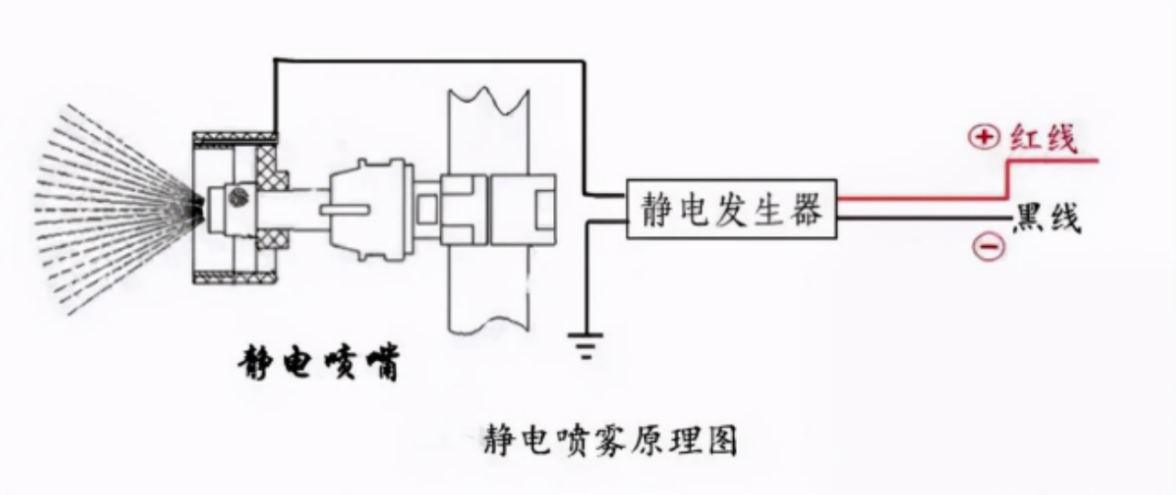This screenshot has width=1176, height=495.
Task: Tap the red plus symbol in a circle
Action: point(983,138)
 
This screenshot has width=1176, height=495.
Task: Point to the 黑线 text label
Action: point(1046,220)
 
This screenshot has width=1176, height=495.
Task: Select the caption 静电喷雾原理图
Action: point(610,443)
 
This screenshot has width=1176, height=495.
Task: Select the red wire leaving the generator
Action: point(919,197)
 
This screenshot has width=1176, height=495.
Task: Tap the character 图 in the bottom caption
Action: point(721,443)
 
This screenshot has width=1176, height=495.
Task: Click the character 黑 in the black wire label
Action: point(1027,220)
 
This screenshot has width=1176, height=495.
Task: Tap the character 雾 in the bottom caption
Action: point(610,443)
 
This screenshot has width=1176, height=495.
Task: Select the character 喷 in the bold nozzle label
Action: point(339,365)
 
